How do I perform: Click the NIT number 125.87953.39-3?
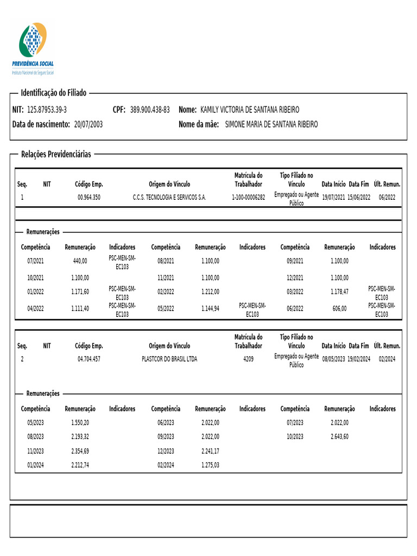pos(47,110)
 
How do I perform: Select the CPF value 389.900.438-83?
pos(150,110)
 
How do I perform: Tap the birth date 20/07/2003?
pos(88,124)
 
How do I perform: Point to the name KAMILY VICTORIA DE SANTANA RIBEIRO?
pos(250,110)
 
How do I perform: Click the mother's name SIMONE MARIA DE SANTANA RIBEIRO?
pos(271,124)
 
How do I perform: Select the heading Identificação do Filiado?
pos(53,93)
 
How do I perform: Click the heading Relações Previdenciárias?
pos(56,154)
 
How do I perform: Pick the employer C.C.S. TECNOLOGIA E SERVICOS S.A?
pos(169,197)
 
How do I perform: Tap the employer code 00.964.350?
pos(89,197)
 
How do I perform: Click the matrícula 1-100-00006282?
pos(248,197)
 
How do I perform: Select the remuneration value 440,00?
pos(80,261)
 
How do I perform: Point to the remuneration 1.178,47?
pos(339,292)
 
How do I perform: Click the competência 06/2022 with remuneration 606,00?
pos(295,308)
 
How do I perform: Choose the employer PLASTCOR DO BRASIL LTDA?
pos(169,359)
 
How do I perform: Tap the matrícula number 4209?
pos(248,359)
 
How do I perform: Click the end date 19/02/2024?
pos(358,359)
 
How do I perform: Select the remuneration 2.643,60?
pos(339,437)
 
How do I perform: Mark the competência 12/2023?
pos(166,451)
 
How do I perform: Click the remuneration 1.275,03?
pos(210,465)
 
